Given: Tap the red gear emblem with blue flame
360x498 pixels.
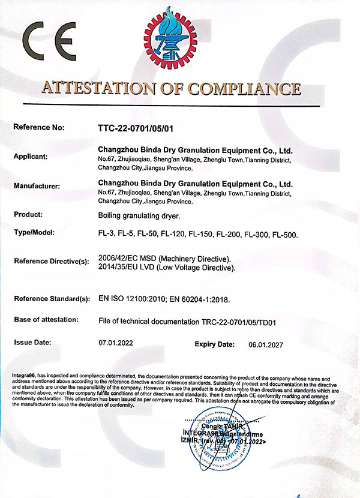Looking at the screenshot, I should [x=170, y=38].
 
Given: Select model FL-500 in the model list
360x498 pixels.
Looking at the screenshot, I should [x=284, y=234].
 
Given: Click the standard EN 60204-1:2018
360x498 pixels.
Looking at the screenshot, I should [x=199, y=298].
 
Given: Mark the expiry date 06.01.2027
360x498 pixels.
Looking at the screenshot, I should [x=265, y=346].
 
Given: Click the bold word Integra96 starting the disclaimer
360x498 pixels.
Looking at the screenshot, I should [x=25, y=376].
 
